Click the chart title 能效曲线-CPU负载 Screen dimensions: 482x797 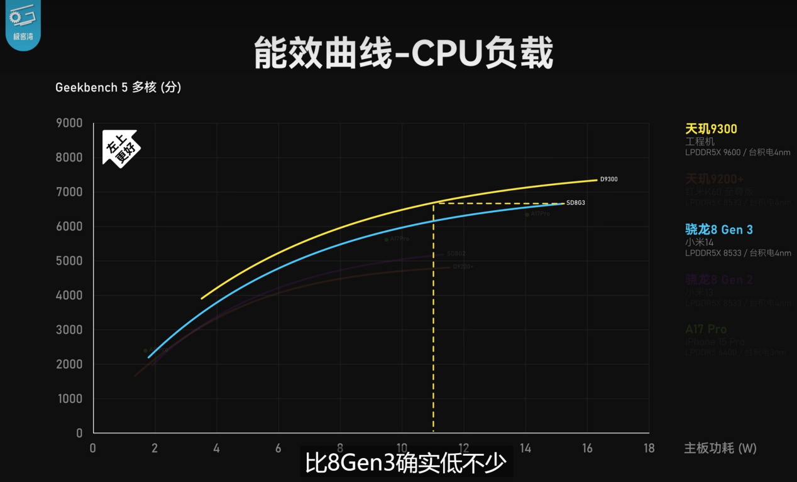[404, 53]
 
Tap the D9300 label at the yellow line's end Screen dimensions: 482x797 [608, 179]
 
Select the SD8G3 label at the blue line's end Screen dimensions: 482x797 [576, 203]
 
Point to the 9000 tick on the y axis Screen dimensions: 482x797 [69, 123]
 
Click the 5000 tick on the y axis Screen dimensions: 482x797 [69, 261]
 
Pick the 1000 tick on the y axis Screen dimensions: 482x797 [69, 399]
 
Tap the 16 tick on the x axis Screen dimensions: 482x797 [587, 448]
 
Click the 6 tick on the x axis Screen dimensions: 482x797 [278, 448]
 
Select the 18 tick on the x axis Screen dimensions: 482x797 [649, 448]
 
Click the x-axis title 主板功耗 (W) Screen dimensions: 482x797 [720, 448]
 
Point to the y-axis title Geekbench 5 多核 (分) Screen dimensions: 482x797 [118, 88]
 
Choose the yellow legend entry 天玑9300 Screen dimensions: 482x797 [711, 129]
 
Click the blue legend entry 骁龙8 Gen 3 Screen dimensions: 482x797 [718, 230]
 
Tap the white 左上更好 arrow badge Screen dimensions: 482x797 [120, 149]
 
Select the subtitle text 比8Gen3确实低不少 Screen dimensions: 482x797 [405, 463]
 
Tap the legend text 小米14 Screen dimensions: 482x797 [699, 242]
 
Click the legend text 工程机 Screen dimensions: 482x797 [700, 142]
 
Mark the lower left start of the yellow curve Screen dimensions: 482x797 [202, 298]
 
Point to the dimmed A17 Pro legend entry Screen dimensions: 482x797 [706, 329]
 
